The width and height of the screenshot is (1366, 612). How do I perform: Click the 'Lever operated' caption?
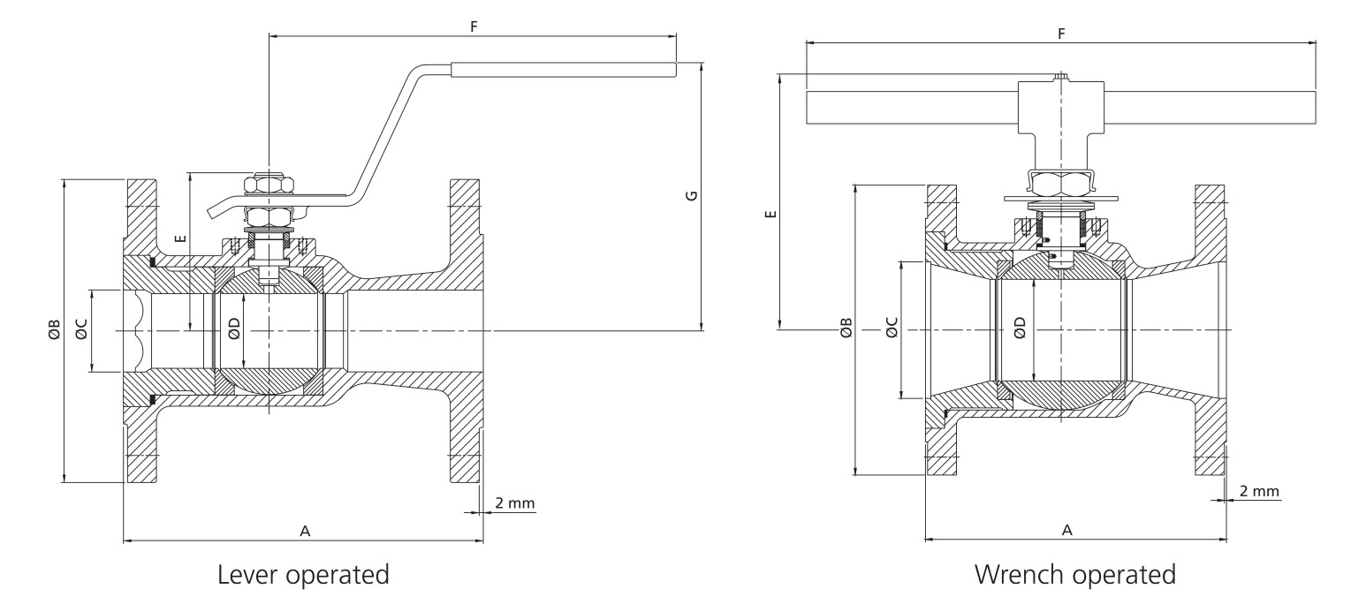(303, 575)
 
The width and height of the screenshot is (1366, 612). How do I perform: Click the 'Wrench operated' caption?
(1074, 575)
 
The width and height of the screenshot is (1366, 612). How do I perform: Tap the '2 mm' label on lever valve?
(514, 502)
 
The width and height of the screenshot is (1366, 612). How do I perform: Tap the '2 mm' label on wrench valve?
(1259, 491)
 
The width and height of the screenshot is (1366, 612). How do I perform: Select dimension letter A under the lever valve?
(305, 531)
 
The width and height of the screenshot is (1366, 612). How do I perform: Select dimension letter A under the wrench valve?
(1066, 530)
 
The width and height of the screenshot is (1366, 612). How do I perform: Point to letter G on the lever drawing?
(692, 194)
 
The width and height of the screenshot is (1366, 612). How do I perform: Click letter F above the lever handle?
(474, 26)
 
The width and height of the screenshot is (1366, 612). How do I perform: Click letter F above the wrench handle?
(1061, 33)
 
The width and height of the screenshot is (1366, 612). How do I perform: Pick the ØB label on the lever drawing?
(54, 330)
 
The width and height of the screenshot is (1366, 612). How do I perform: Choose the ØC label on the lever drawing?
(81, 330)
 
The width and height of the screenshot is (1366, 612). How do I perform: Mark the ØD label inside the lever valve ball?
(233, 329)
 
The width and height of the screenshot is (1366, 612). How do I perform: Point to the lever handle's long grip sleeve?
(564, 69)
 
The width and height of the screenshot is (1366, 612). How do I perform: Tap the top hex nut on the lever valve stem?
(269, 185)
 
